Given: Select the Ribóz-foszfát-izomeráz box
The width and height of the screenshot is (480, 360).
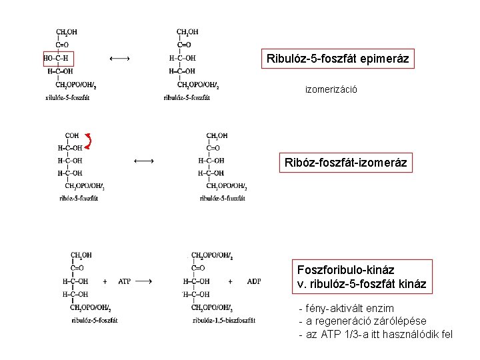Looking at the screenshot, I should click(345, 162).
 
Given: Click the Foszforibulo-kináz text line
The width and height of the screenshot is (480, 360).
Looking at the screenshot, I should click(346, 271).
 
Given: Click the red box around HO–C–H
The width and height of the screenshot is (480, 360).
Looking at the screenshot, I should click(60, 59).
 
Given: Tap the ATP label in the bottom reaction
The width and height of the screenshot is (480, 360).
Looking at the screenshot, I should click(125, 281).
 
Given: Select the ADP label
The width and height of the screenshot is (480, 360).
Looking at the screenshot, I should click(254, 281).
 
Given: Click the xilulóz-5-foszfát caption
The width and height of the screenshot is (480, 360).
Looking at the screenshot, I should click(67, 98).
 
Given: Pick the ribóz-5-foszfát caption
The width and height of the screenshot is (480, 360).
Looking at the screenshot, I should click(79, 198).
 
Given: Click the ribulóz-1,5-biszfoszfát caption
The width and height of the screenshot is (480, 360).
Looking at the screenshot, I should click(223, 321).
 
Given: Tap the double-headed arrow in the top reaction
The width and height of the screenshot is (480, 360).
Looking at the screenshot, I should click(119, 59).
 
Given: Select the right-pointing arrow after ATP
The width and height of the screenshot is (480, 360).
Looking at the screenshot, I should click(147, 281).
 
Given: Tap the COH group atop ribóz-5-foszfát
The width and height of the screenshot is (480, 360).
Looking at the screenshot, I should click(72, 135).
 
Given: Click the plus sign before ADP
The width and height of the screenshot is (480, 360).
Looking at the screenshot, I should click(231, 281).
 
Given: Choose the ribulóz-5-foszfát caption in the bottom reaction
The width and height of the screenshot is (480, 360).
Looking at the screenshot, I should click(93, 321).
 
